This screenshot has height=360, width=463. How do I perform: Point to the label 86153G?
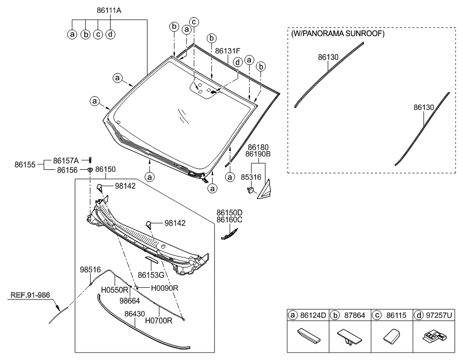click(x=151, y=274)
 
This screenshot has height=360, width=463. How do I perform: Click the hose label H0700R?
click(x=158, y=321)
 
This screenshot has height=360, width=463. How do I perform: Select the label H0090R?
click(x=164, y=288)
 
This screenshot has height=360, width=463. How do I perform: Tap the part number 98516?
click(x=91, y=270)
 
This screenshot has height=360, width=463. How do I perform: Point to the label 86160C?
click(x=229, y=220)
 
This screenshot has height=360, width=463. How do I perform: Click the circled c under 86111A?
click(x=98, y=34)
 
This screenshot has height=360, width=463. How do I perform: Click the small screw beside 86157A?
click(x=91, y=159)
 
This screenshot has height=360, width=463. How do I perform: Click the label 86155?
click(x=24, y=164)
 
